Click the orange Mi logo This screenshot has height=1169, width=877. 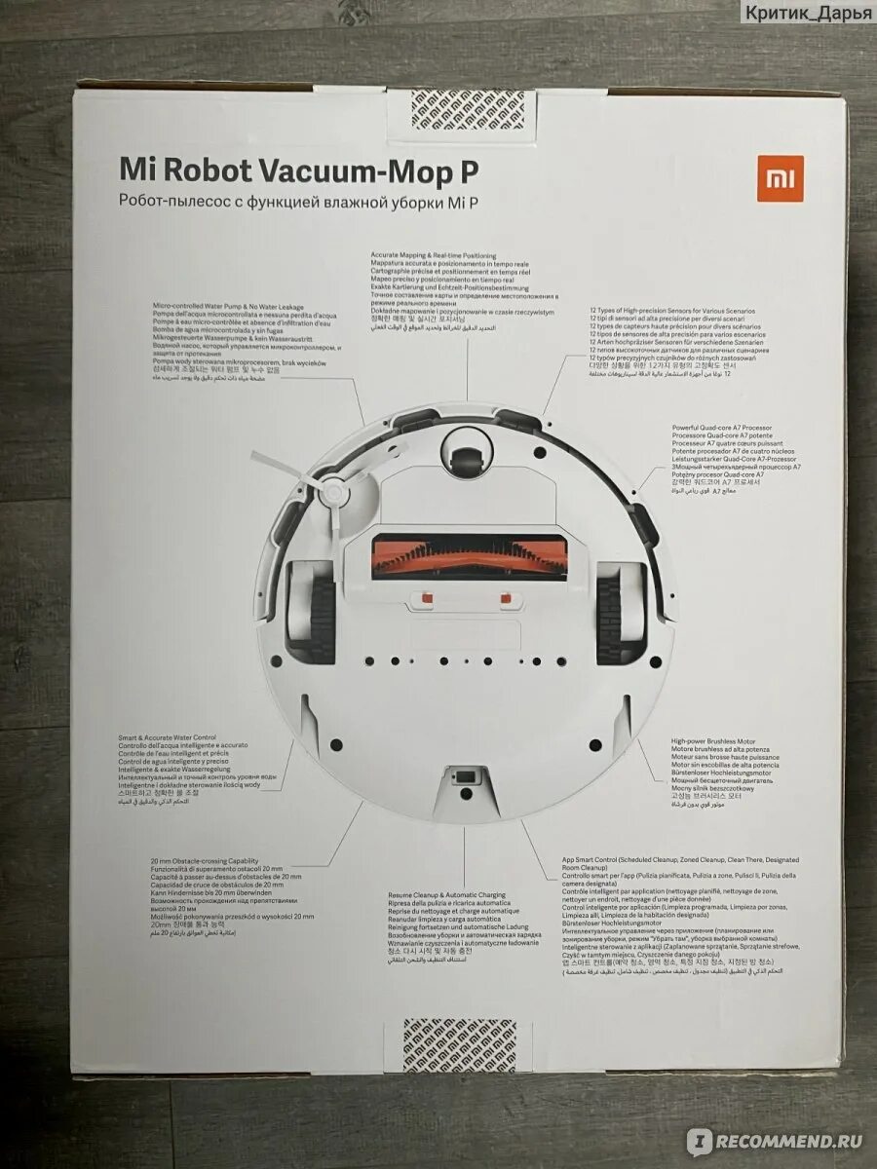point(780,178)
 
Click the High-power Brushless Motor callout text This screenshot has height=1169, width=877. point(726,770)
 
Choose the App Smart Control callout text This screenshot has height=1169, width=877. point(681,915)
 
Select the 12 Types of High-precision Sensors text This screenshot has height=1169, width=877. point(678,341)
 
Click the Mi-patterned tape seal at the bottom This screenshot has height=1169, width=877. point(459,1047)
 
